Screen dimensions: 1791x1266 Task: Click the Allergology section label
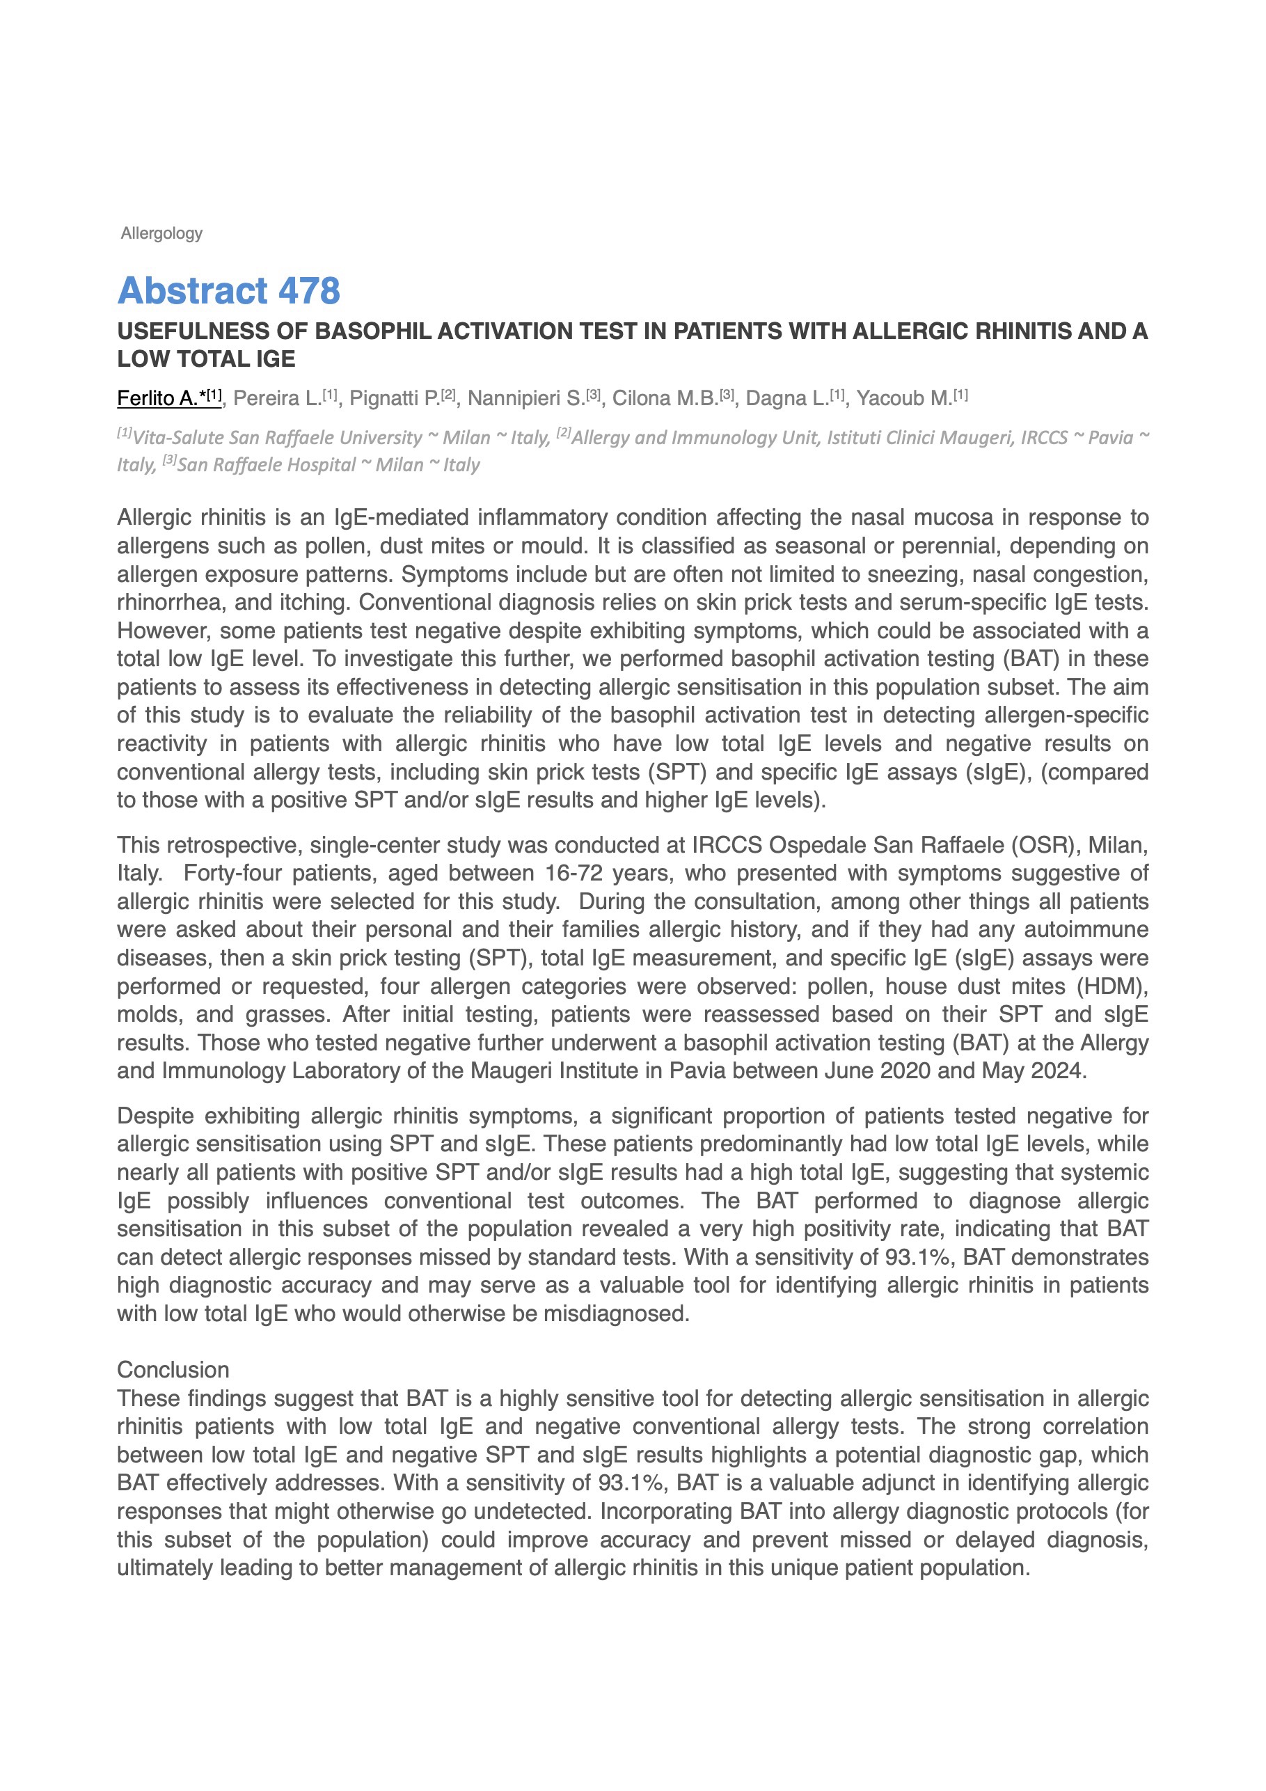pos(161,233)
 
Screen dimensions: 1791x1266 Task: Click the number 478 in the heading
pos(309,291)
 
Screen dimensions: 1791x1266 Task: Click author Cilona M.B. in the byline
pos(665,399)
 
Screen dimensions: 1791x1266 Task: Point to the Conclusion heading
pos(173,1371)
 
